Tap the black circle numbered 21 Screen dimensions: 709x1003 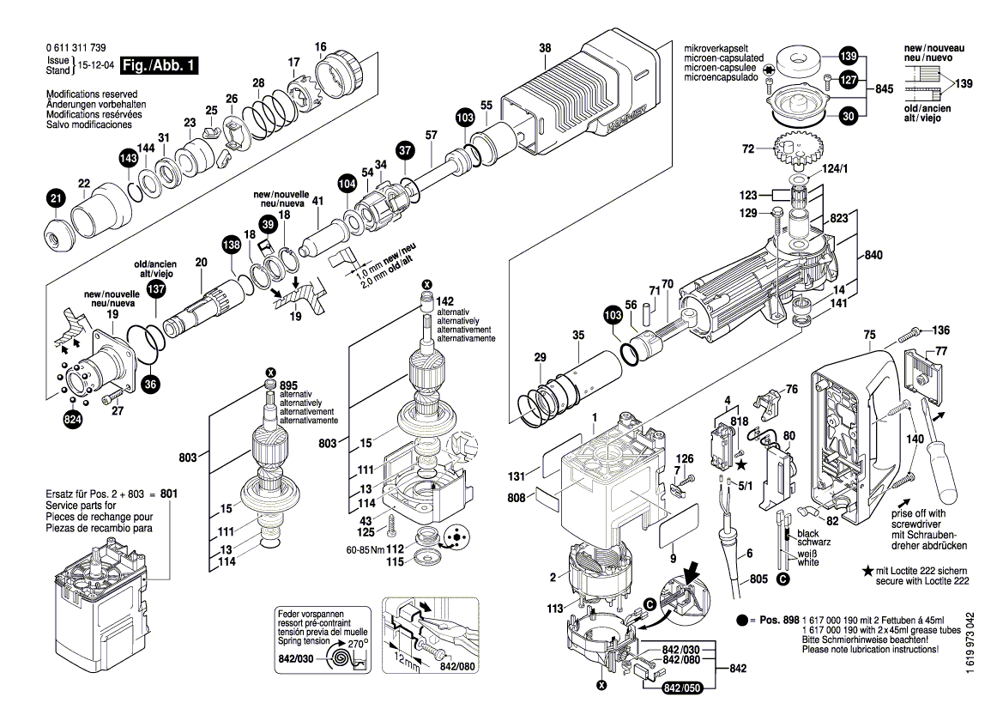tap(56, 199)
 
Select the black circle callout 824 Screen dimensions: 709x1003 tap(73, 420)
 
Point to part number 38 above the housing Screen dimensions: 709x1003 tap(545, 48)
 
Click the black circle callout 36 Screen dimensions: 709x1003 tap(150, 384)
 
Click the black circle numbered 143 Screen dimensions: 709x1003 tap(128, 159)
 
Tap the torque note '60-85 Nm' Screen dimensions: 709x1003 tap(365, 548)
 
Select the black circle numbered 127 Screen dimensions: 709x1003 tap(848, 80)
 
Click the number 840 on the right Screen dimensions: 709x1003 tap(873, 256)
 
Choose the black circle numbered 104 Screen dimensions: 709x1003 tap(347, 183)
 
